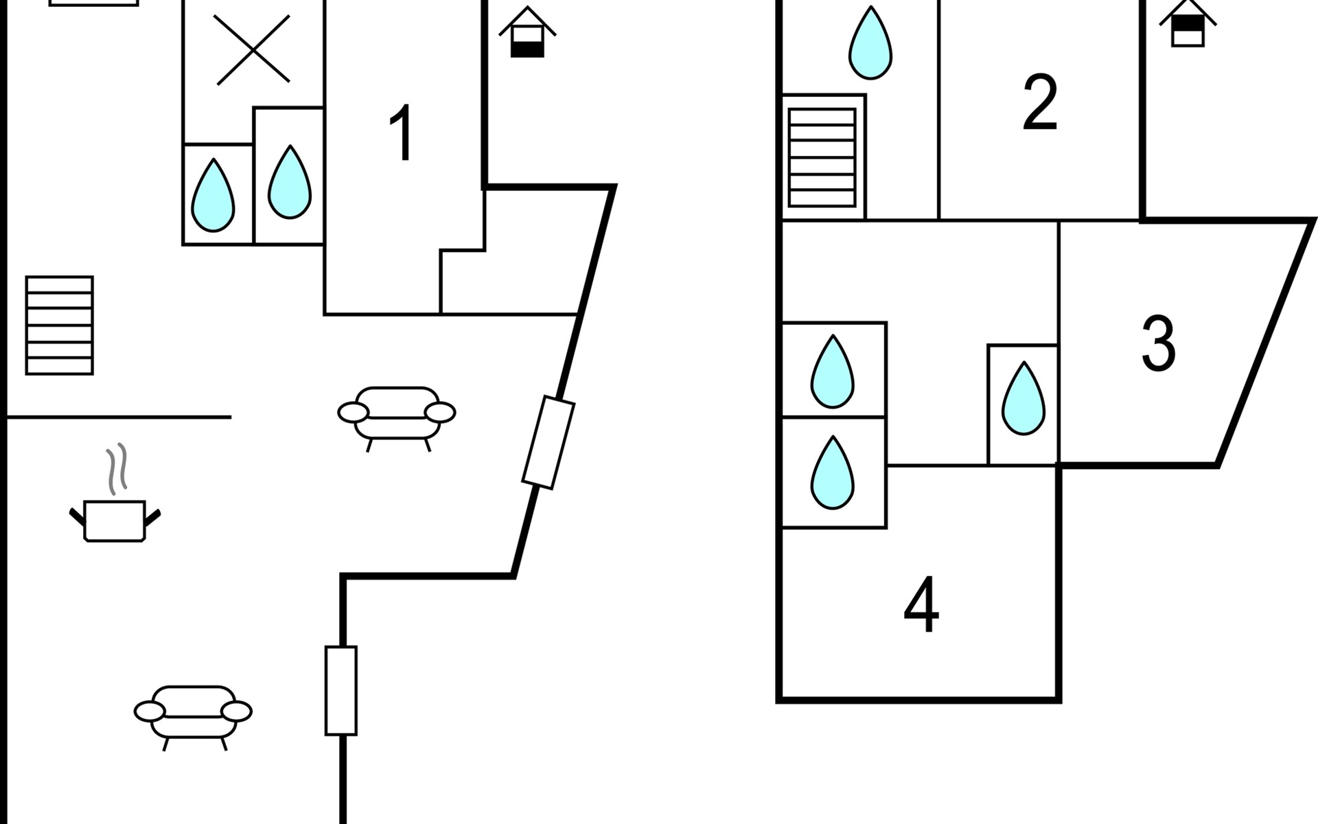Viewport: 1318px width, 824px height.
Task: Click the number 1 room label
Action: pos(401,133)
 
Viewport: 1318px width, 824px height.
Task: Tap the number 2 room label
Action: pos(1039,102)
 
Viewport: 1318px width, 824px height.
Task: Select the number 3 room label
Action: pos(1158,343)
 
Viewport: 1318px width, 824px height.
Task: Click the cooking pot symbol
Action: pos(115,521)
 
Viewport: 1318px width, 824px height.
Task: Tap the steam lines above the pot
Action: pos(117,469)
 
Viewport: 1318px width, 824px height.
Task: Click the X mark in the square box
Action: pos(253,49)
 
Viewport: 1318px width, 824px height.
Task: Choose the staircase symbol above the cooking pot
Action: pos(60,325)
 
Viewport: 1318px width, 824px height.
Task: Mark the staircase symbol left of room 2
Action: pos(822,157)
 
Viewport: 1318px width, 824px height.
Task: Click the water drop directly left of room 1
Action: pos(289,182)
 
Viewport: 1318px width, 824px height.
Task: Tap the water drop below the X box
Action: pos(213,195)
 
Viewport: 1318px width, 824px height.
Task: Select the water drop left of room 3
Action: pos(1024,398)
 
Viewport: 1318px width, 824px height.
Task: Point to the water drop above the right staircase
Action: pos(870,43)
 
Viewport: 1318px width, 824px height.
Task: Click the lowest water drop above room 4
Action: pos(833,472)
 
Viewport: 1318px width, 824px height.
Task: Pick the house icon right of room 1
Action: pos(527,32)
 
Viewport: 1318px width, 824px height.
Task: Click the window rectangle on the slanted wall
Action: pos(548,442)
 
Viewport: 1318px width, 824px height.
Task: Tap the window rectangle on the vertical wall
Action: pos(341,691)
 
